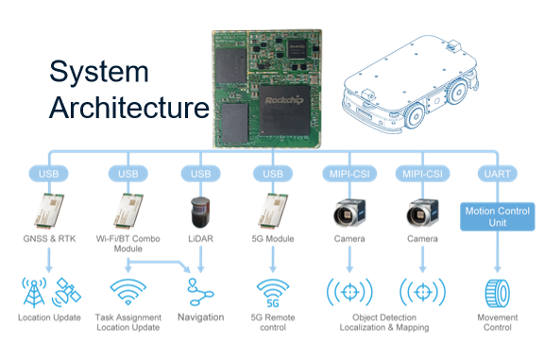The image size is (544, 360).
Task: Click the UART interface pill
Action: [x=497, y=174]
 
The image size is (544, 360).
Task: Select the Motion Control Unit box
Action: [x=497, y=216]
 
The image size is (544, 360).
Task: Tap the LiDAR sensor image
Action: [x=200, y=212]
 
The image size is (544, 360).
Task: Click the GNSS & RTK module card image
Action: [x=49, y=211]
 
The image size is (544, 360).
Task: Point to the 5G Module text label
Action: [x=273, y=239]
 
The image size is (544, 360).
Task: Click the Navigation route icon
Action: [x=200, y=292]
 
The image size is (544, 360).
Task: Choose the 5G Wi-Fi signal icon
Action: [x=273, y=293]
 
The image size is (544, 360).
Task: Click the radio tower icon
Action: [x=34, y=292]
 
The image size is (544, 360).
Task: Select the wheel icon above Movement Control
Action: [x=497, y=293]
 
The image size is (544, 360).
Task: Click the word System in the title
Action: [x=99, y=72]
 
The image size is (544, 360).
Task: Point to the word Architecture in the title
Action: [x=129, y=108]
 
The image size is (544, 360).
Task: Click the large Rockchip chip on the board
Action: [x=284, y=111]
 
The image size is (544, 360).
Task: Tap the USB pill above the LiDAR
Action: [x=200, y=174]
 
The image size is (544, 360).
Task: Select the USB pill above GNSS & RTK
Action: [x=48, y=174]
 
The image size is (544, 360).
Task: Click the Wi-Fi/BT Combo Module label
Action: [x=128, y=244]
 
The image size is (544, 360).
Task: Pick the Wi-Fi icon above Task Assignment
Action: [x=128, y=292]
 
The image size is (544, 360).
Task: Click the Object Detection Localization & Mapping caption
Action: [x=384, y=322]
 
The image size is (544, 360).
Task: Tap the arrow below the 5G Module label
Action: [x=273, y=259]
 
